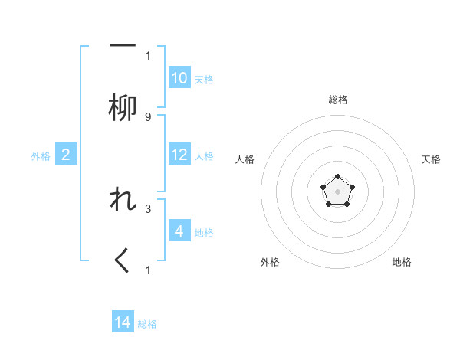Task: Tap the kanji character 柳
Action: pos(123,108)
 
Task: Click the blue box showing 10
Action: pos(179,78)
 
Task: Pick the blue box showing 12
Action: pos(179,155)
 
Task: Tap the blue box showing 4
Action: pos(179,231)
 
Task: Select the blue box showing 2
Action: pos(66,155)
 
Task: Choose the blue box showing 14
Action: pos(123,322)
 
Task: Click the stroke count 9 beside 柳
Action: pos(148,117)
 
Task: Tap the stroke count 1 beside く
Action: pos(148,270)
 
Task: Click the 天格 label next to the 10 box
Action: pos(204,79)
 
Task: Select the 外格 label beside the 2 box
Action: pos(41,155)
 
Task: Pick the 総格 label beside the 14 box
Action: pos(147,323)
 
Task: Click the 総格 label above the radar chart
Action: pos(337,100)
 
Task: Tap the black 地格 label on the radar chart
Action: pos(402,262)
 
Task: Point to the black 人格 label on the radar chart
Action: pos(245,159)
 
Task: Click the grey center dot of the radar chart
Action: pos(337,191)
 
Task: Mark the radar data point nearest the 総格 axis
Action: pos(337,177)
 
